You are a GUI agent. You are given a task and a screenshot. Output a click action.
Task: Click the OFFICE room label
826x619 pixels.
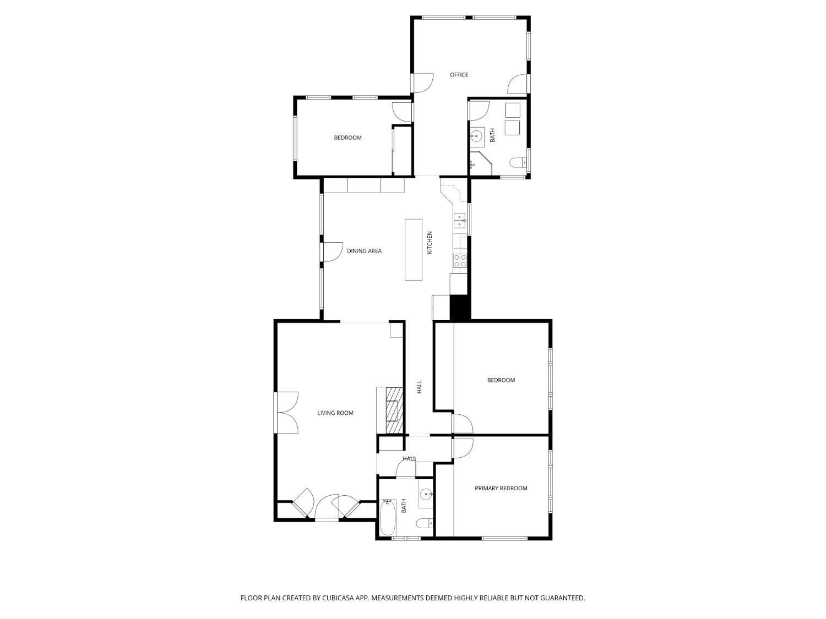pos(459,75)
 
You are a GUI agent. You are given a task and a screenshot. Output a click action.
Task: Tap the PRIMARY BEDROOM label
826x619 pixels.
pos(501,488)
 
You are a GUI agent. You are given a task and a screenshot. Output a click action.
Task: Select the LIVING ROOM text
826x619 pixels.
pos(335,413)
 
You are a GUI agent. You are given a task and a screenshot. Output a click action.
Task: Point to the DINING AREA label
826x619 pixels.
pos(364,251)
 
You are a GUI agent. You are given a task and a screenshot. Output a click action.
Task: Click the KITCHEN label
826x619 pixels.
pos(430,242)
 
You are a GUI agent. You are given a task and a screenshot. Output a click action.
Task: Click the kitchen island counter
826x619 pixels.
pos(414,249)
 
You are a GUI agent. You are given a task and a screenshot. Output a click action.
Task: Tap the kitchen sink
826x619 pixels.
pos(459,221)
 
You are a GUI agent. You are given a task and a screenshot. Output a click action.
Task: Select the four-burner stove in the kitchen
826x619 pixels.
pos(460,261)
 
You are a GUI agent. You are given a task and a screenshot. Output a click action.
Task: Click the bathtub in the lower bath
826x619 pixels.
pos(388,517)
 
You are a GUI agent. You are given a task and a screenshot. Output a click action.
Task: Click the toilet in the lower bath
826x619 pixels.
pos(423,523)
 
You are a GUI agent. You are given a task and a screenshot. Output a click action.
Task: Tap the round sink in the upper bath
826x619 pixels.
pos(476,135)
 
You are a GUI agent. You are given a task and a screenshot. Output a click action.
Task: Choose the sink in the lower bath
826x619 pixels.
pos(426,494)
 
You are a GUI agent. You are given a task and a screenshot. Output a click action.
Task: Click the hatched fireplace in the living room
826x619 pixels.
pos(394,410)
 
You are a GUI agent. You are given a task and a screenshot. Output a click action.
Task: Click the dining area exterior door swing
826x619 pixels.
pos(332,252)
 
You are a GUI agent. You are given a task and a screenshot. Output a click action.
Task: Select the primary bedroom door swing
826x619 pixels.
pos(463,447)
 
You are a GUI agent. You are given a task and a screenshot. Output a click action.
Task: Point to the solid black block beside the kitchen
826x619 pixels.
pos(460,308)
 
